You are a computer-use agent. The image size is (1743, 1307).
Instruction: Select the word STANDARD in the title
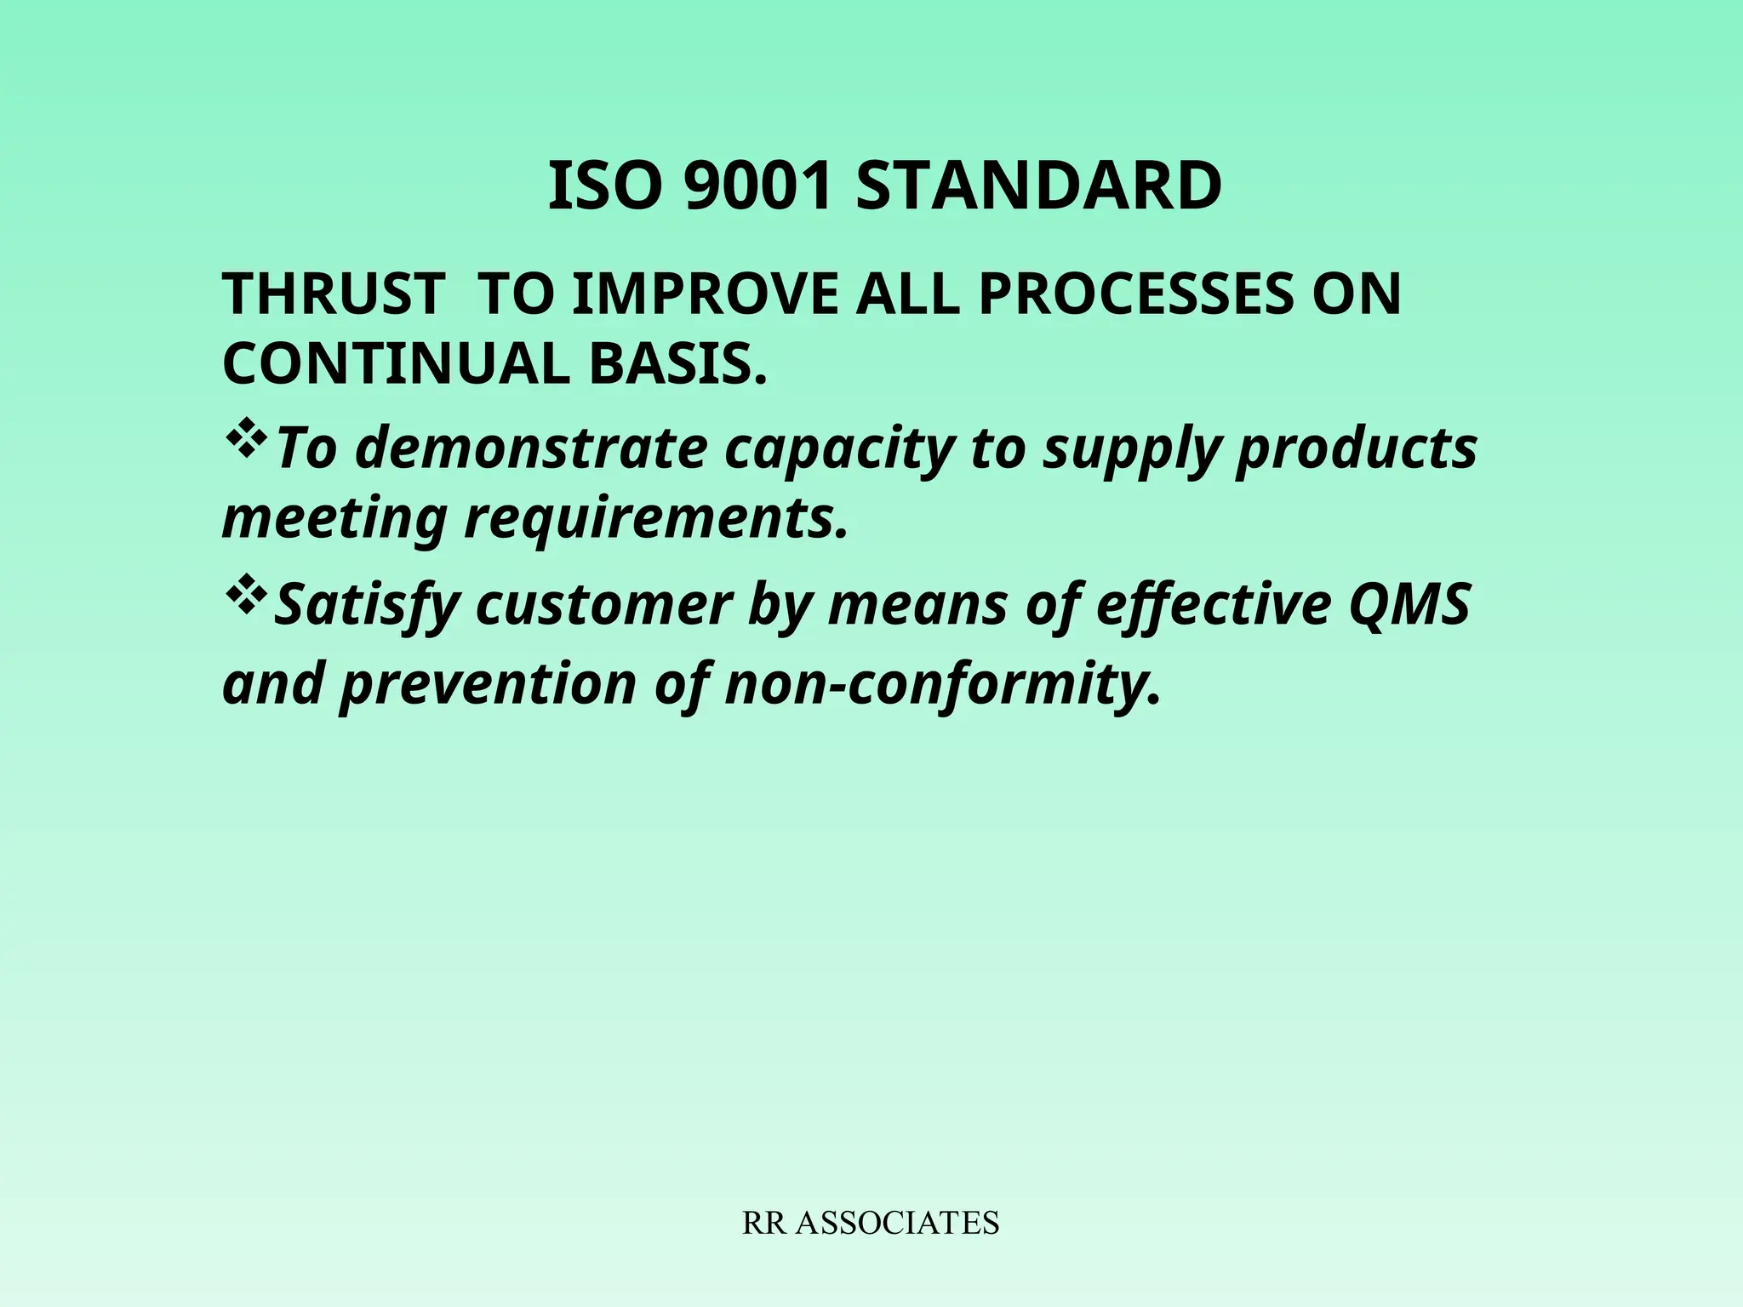[x=1038, y=187]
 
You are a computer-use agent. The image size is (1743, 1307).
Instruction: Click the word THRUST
[x=333, y=294]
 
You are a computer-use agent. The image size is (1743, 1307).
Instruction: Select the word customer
[x=603, y=605]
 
